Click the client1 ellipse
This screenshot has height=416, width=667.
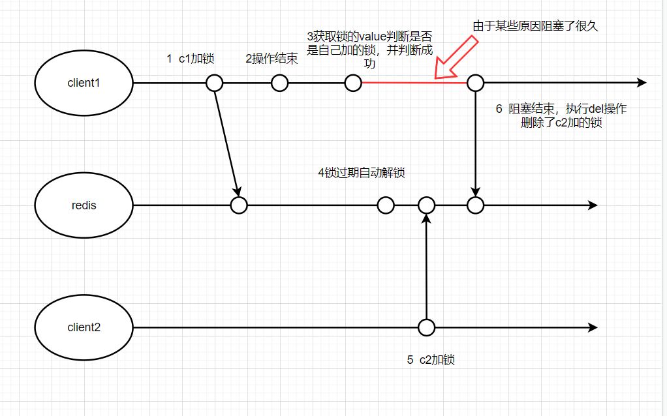coord(84,83)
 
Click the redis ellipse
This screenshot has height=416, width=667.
coord(84,205)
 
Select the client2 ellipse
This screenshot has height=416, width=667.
coord(84,327)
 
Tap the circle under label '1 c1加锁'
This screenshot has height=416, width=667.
coord(214,83)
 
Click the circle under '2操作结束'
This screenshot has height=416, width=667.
coord(279,83)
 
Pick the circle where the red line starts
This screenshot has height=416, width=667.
coord(353,83)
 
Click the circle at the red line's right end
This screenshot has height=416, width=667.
coord(475,83)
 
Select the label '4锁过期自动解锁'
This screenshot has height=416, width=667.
coord(361,173)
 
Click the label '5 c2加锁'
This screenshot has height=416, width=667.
coord(431,359)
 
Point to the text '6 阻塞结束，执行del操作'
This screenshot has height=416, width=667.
coord(561,110)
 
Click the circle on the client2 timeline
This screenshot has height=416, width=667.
coord(426,327)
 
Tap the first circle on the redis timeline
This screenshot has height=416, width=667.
coord(239,205)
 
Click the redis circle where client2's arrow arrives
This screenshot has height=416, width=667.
coord(426,205)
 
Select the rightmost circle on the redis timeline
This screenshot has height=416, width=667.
coord(475,205)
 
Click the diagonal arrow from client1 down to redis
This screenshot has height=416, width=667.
coord(226,143)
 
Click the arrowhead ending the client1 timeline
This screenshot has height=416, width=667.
coord(641,83)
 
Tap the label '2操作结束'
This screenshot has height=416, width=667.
coord(271,59)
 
